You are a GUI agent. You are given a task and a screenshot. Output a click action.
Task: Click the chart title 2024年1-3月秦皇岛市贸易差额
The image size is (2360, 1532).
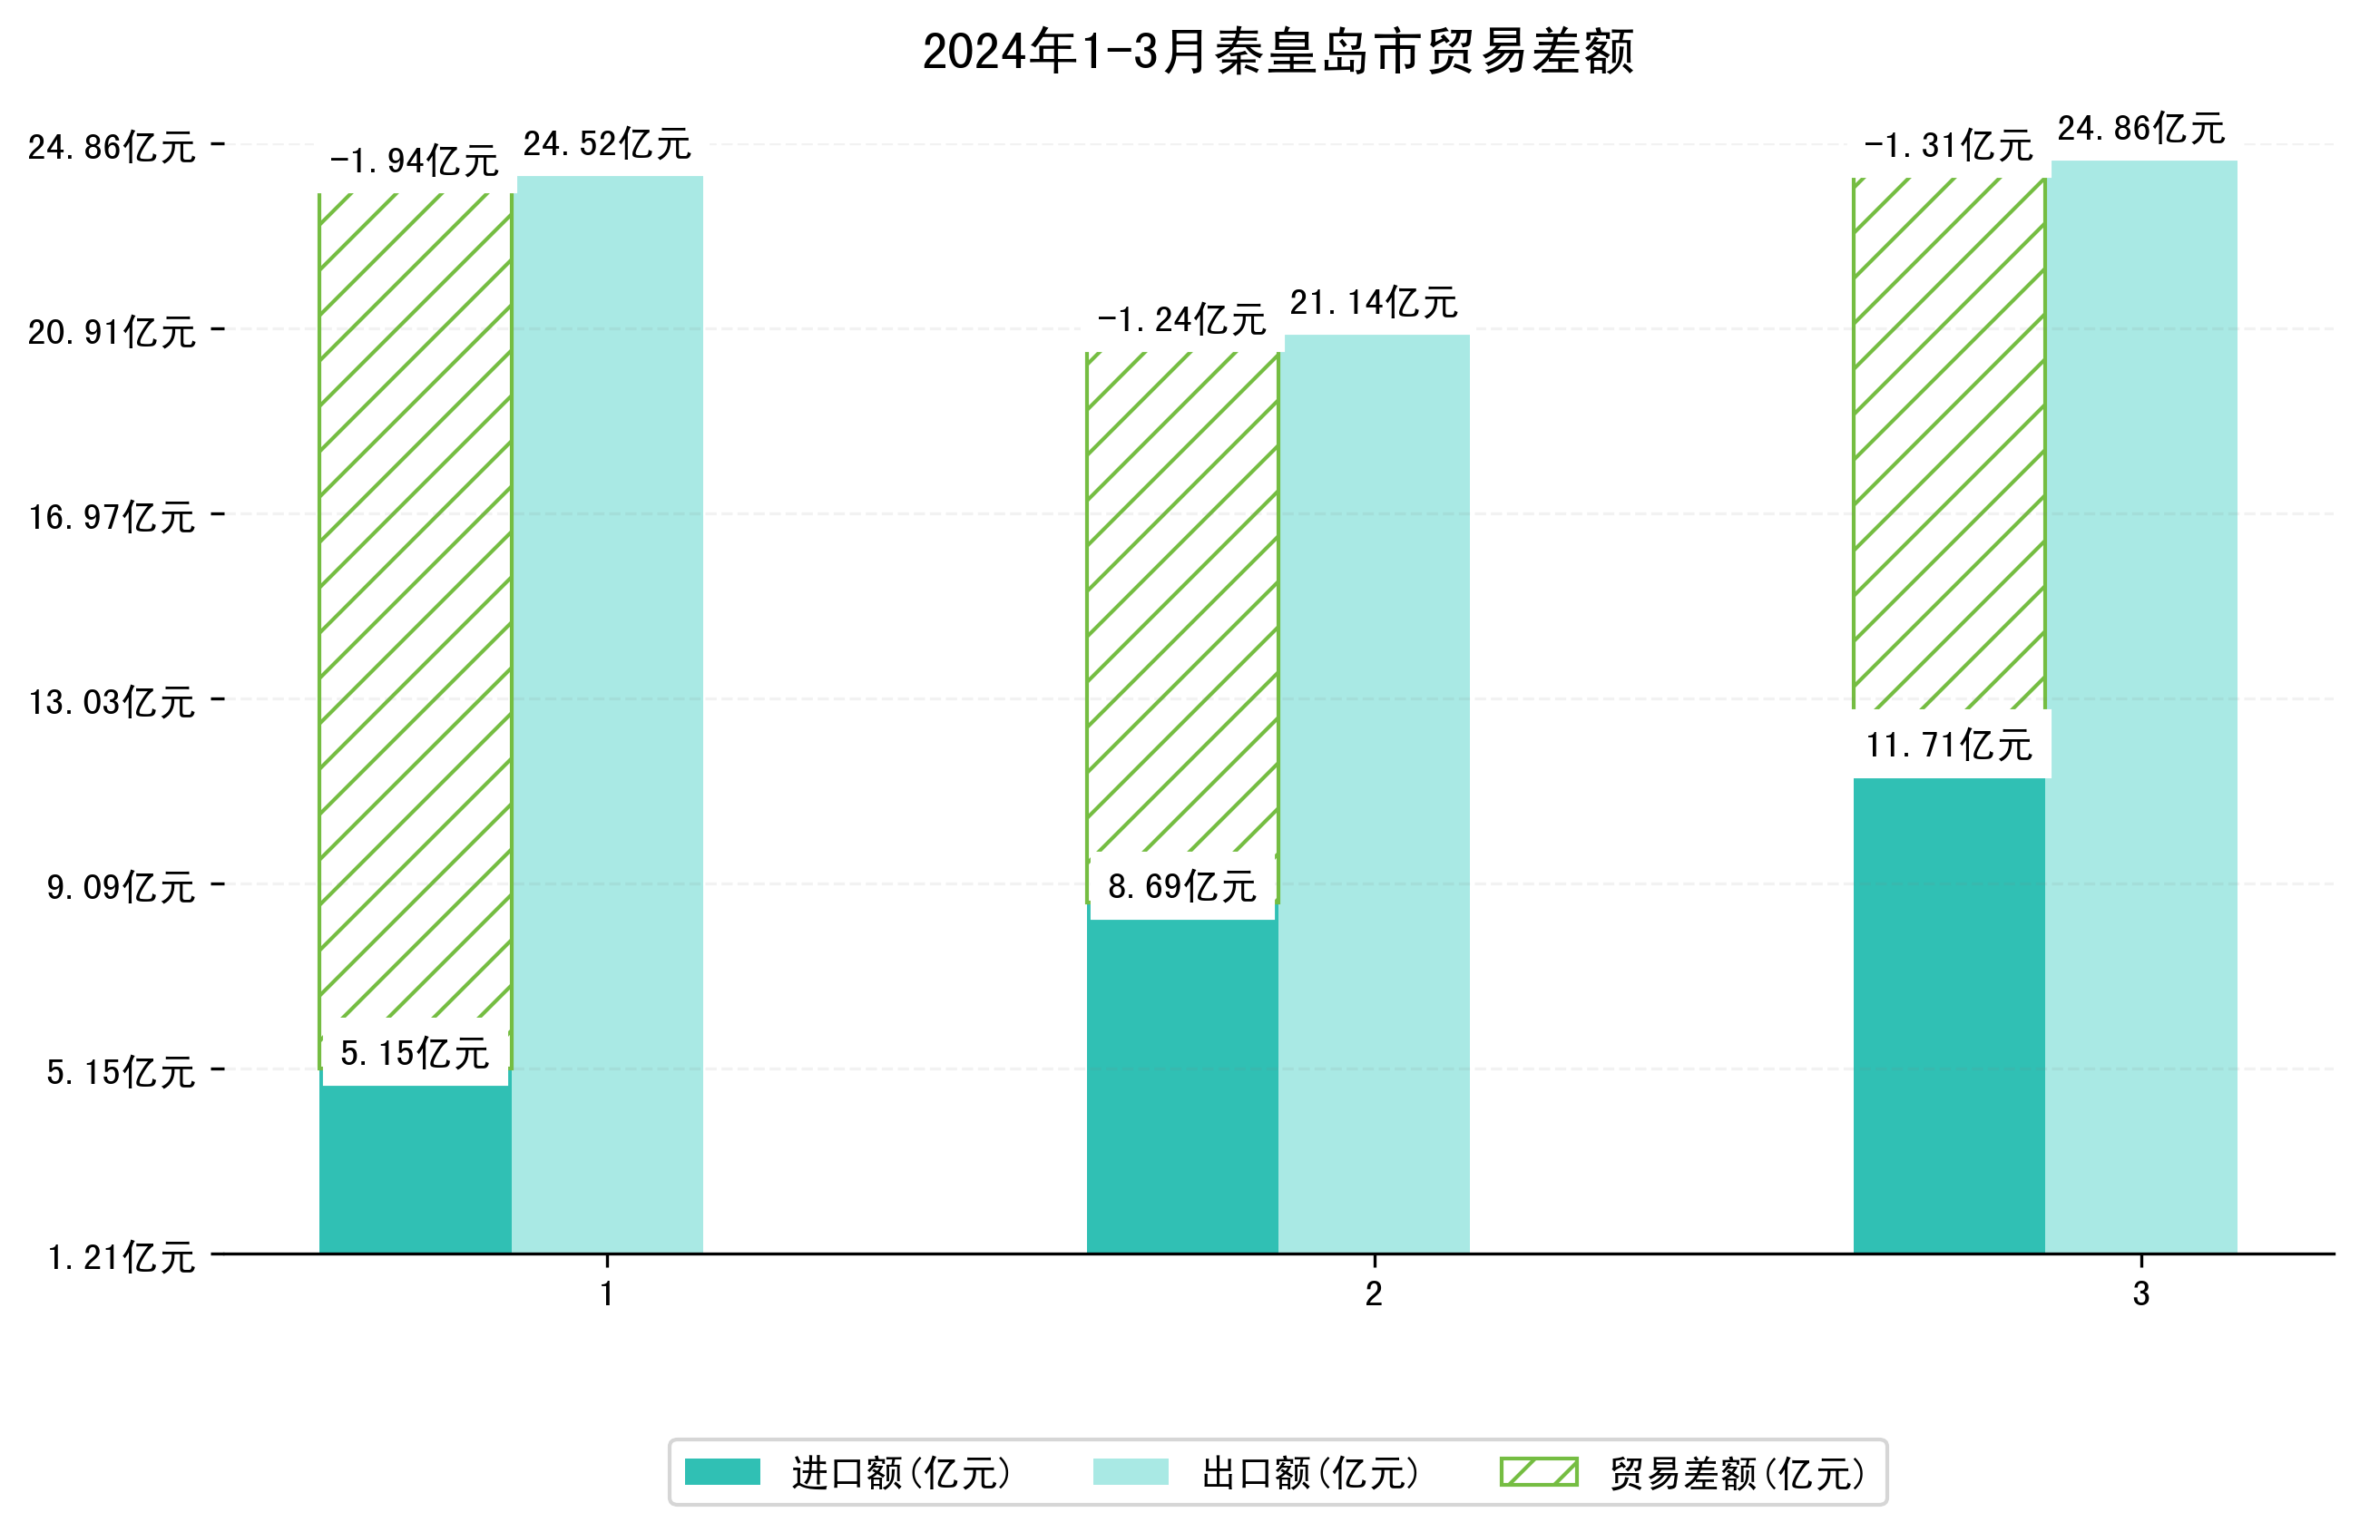[x=1278, y=52]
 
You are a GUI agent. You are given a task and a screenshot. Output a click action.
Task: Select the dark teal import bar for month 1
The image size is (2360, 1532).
[x=415, y=1170]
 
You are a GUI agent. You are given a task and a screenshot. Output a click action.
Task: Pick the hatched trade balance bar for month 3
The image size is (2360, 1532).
[x=1948, y=446]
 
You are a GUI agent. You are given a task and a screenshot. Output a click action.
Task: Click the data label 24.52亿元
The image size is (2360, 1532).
[x=607, y=145]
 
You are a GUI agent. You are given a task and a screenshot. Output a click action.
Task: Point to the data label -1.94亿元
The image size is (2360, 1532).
[x=415, y=161]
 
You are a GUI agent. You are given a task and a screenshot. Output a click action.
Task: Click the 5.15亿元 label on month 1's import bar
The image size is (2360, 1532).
[x=415, y=1053]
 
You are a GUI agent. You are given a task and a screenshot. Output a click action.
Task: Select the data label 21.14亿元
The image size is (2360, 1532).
[x=1374, y=302]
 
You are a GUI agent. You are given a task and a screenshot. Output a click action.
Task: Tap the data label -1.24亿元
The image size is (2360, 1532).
[x=1181, y=319]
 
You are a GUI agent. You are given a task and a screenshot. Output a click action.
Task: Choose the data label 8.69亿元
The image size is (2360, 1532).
[x=1181, y=886]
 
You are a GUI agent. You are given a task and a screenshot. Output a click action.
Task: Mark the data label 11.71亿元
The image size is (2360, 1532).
[x=1948, y=745]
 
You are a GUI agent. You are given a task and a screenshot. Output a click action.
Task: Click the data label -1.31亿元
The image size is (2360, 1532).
[x=1948, y=146]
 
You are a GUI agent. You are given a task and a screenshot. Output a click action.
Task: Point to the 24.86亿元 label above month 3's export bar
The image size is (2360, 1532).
[x=2140, y=129]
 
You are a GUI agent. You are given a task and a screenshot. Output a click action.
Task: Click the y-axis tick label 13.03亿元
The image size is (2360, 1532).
[x=111, y=702]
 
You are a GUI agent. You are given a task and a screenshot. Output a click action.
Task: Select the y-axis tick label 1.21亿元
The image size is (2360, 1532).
[x=121, y=1257]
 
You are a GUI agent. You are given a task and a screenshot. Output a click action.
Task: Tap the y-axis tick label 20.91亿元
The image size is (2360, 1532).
[x=111, y=332]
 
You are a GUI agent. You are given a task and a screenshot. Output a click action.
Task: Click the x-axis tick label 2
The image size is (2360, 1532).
[x=1374, y=1294]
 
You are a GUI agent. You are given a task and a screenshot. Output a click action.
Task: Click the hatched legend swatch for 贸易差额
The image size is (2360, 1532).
[x=1538, y=1471]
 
